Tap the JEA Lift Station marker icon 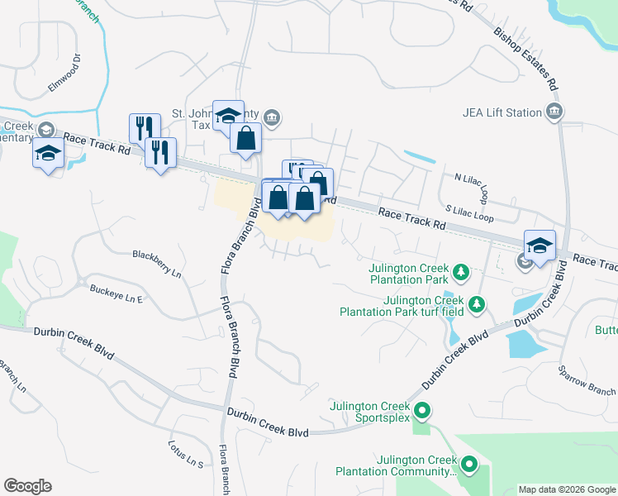[554, 112]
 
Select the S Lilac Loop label [469, 215]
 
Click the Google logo [27, 486]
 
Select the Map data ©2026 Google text [567, 489]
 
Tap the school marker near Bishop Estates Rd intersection [540, 246]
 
